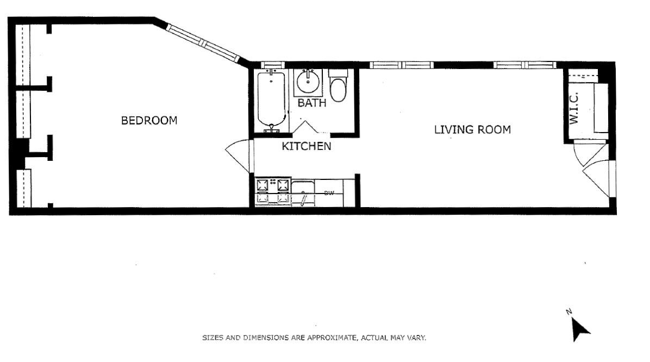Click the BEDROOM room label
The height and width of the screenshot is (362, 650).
(149, 120)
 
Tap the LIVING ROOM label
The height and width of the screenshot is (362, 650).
(472, 130)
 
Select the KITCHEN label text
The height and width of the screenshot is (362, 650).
(306, 146)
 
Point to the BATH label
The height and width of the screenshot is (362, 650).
(311, 103)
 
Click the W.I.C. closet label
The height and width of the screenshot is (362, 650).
(574, 108)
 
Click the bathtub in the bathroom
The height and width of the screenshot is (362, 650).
(271, 100)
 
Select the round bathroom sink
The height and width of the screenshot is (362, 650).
(308, 82)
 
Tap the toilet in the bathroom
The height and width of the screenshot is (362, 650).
(338, 87)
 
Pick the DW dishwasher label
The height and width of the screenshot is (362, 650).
(328, 193)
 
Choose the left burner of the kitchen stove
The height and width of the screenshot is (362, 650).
(263, 185)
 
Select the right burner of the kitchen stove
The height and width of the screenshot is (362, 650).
(283, 185)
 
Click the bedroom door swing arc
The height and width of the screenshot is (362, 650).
(237, 155)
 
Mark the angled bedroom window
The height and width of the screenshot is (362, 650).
(202, 42)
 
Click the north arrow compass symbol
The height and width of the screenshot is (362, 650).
(579, 328)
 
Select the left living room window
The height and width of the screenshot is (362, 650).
(402, 65)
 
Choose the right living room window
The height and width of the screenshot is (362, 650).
(525, 65)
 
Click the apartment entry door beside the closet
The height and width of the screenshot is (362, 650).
(598, 177)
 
